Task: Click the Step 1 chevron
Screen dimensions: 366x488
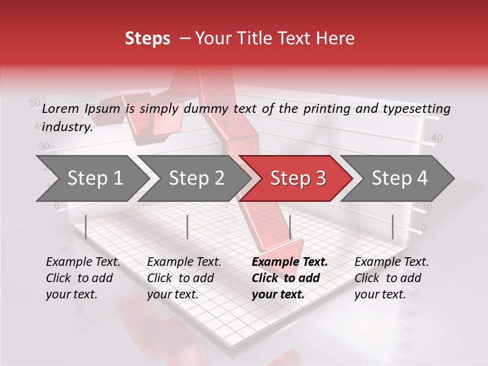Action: (x=91, y=178)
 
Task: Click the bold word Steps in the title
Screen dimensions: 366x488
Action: (x=147, y=39)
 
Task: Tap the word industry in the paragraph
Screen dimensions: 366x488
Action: (x=66, y=127)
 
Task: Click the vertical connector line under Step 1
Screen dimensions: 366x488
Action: (x=86, y=227)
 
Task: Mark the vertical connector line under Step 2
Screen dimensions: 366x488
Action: (x=188, y=227)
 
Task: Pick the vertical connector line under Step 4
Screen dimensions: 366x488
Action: (x=393, y=227)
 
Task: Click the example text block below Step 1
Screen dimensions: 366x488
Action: (x=81, y=278)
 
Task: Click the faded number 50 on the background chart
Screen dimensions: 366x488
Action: (x=35, y=103)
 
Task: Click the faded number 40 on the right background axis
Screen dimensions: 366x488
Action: (x=437, y=138)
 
